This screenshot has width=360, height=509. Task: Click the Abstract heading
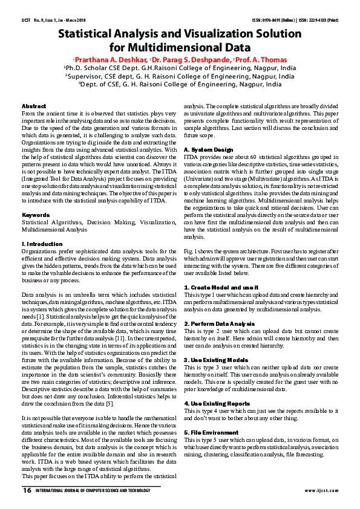coord(34,106)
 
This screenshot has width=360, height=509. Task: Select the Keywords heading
coord(36,215)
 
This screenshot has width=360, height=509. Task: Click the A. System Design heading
coord(209,149)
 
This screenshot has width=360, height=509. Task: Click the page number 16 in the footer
coord(27,490)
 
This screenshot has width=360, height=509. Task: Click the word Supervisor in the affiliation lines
coord(88,77)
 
